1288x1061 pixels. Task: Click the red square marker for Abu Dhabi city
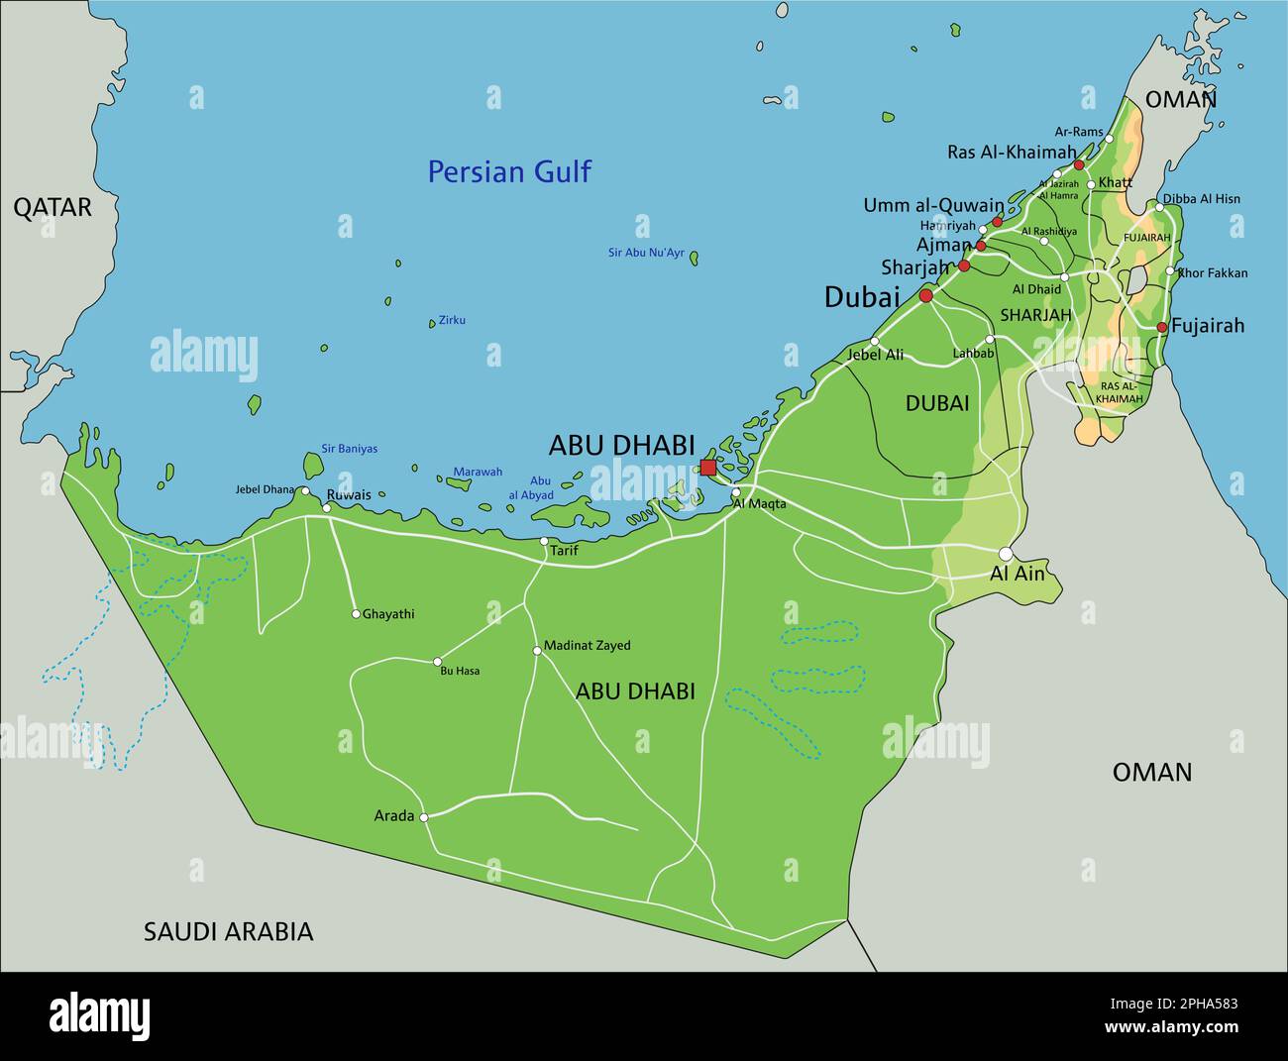pos(707,467)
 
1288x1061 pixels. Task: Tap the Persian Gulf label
pos(508,172)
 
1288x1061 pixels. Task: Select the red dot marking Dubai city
pos(926,296)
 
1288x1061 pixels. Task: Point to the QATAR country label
pos(52,207)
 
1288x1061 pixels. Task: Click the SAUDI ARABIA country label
pos(228,931)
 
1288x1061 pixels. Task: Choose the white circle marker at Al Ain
pos(1006,554)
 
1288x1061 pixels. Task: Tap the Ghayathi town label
pos(388,614)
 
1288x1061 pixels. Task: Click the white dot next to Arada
pos(424,817)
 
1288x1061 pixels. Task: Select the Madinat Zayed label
pos(588,646)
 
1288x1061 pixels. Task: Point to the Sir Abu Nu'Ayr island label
pos(646,254)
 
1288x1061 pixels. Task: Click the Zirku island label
pos(452,320)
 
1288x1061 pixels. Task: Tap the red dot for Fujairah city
pos(1162,327)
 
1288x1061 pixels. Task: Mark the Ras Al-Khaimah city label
pos(1011,153)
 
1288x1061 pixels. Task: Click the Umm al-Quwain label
pos(932,206)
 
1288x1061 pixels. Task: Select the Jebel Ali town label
pos(876,354)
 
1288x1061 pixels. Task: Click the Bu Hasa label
pos(460,672)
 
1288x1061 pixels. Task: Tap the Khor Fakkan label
pos(1213,273)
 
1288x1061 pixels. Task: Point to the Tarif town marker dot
pos(544,541)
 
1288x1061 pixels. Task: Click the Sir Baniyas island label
pos(349,449)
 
